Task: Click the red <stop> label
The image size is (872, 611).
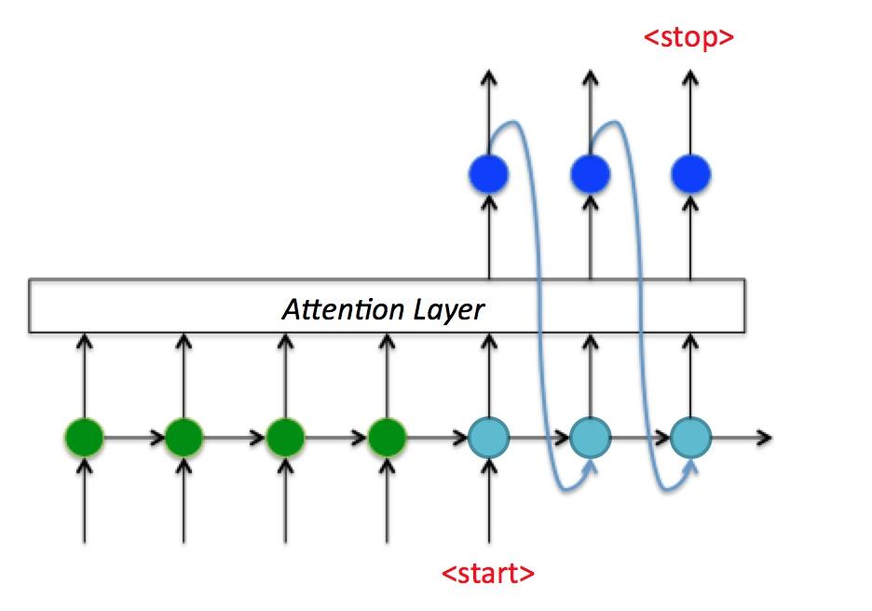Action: coord(689,38)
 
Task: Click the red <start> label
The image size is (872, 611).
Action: coord(488,573)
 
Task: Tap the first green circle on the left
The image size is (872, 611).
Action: coord(85,435)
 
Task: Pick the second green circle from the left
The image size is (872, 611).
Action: coord(184,435)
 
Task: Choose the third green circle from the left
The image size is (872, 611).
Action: coord(285,435)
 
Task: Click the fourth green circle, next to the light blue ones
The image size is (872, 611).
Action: coord(387,435)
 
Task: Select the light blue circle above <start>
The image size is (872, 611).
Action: coord(489,435)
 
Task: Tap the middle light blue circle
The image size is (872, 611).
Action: coord(590,435)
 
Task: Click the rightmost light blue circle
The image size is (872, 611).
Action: coord(690,435)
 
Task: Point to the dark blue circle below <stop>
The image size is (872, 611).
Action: coord(690,173)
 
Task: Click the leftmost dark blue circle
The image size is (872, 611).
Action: coord(488,173)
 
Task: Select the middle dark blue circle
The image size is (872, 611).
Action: coord(590,173)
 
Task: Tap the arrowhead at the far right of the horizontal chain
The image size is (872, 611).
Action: coord(765,436)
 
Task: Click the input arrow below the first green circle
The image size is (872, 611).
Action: coord(85,503)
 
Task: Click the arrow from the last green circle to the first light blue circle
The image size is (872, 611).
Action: coord(438,435)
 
